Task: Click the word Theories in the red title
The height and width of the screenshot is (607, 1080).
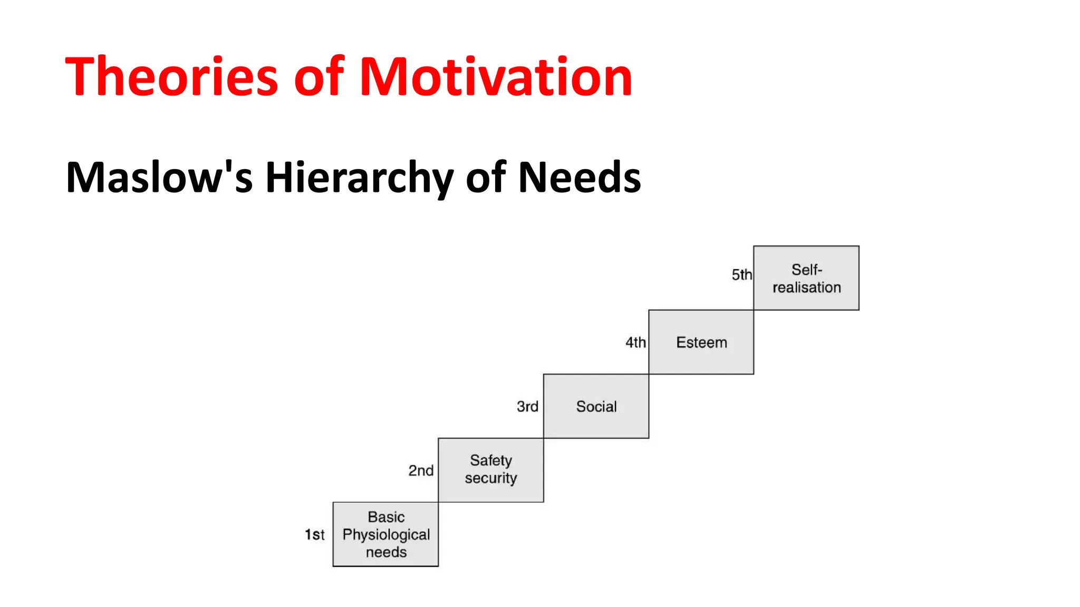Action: pyautogui.click(x=171, y=77)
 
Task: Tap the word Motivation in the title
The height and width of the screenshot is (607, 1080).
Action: pyautogui.click(x=496, y=77)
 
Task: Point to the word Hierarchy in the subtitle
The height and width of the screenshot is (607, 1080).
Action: pyautogui.click(x=359, y=178)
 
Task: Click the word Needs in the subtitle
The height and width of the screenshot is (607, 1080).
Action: pyautogui.click(x=580, y=177)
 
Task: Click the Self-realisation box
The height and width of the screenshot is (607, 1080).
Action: pyautogui.click(x=806, y=278)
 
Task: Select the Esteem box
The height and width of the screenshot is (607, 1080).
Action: pyautogui.click(x=701, y=342)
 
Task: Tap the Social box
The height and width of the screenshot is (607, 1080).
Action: pyautogui.click(x=596, y=406)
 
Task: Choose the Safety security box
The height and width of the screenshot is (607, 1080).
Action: pyautogui.click(x=490, y=470)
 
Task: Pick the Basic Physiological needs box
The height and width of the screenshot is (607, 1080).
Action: pyautogui.click(x=385, y=534)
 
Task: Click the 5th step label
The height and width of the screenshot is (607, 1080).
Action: pyautogui.click(x=741, y=275)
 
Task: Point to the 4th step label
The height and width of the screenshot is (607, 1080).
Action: pyautogui.click(x=635, y=342)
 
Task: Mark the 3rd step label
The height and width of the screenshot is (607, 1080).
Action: pyautogui.click(x=527, y=406)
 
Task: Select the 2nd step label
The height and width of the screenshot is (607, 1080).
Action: pyautogui.click(x=421, y=471)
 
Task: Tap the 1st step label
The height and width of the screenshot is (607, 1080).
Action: pyautogui.click(x=315, y=535)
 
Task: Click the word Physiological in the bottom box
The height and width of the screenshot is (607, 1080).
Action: pyautogui.click(x=386, y=535)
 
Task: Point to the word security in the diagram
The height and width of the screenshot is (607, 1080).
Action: pyautogui.click(x=490, y=478)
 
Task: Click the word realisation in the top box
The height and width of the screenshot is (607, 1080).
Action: pyautogui.click(x=806, y=287)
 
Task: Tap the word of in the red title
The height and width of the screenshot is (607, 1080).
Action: pyautogui.click(x=319, y=77)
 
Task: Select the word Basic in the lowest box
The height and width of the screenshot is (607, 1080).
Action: pyautogui.click(x=386, y=517)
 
